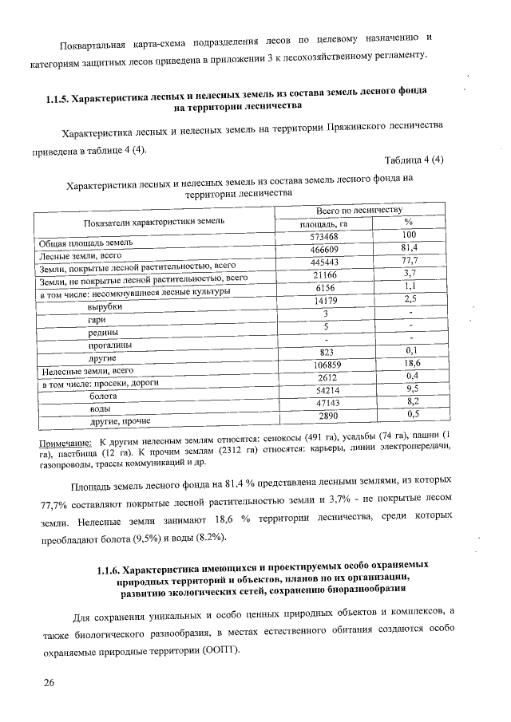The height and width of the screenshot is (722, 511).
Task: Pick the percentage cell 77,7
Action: [410, 262]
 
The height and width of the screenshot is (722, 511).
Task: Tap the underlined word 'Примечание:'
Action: [65, 443]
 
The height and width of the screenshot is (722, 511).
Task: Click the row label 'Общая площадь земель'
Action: [81, 241]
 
